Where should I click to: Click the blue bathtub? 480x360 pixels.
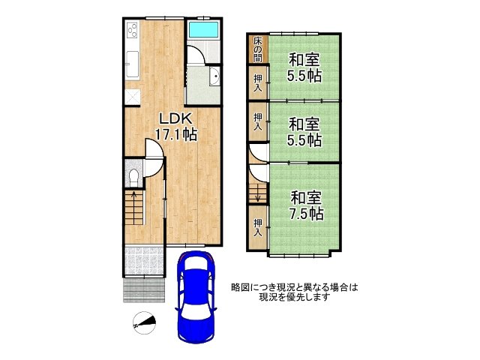click(x=203, y=30)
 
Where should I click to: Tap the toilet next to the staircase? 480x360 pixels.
click(x=133, y=177)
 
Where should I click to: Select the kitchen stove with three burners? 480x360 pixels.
click(x=133, y=30)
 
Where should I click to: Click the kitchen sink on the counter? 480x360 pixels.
click(x=132, y=64)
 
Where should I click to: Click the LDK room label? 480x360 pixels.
click(x=175, y=118)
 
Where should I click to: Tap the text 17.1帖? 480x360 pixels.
click(x=175, y=134)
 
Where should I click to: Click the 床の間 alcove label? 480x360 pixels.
click(x=258, y=49)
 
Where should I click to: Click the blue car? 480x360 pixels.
click(x=196, y=296)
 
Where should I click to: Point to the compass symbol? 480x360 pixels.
click(x=144, y=323)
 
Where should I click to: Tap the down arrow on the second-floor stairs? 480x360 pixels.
click(x=258, y=193)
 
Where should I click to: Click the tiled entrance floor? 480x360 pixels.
click(x=145, y=261)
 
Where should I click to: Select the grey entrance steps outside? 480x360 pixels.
click(x=145, y=290)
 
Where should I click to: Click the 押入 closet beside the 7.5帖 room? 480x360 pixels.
click(x=258, y=227)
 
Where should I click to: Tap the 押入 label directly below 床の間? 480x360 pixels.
click(x=258, y=83)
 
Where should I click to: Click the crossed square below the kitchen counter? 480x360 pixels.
click(x=133, y=97)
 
